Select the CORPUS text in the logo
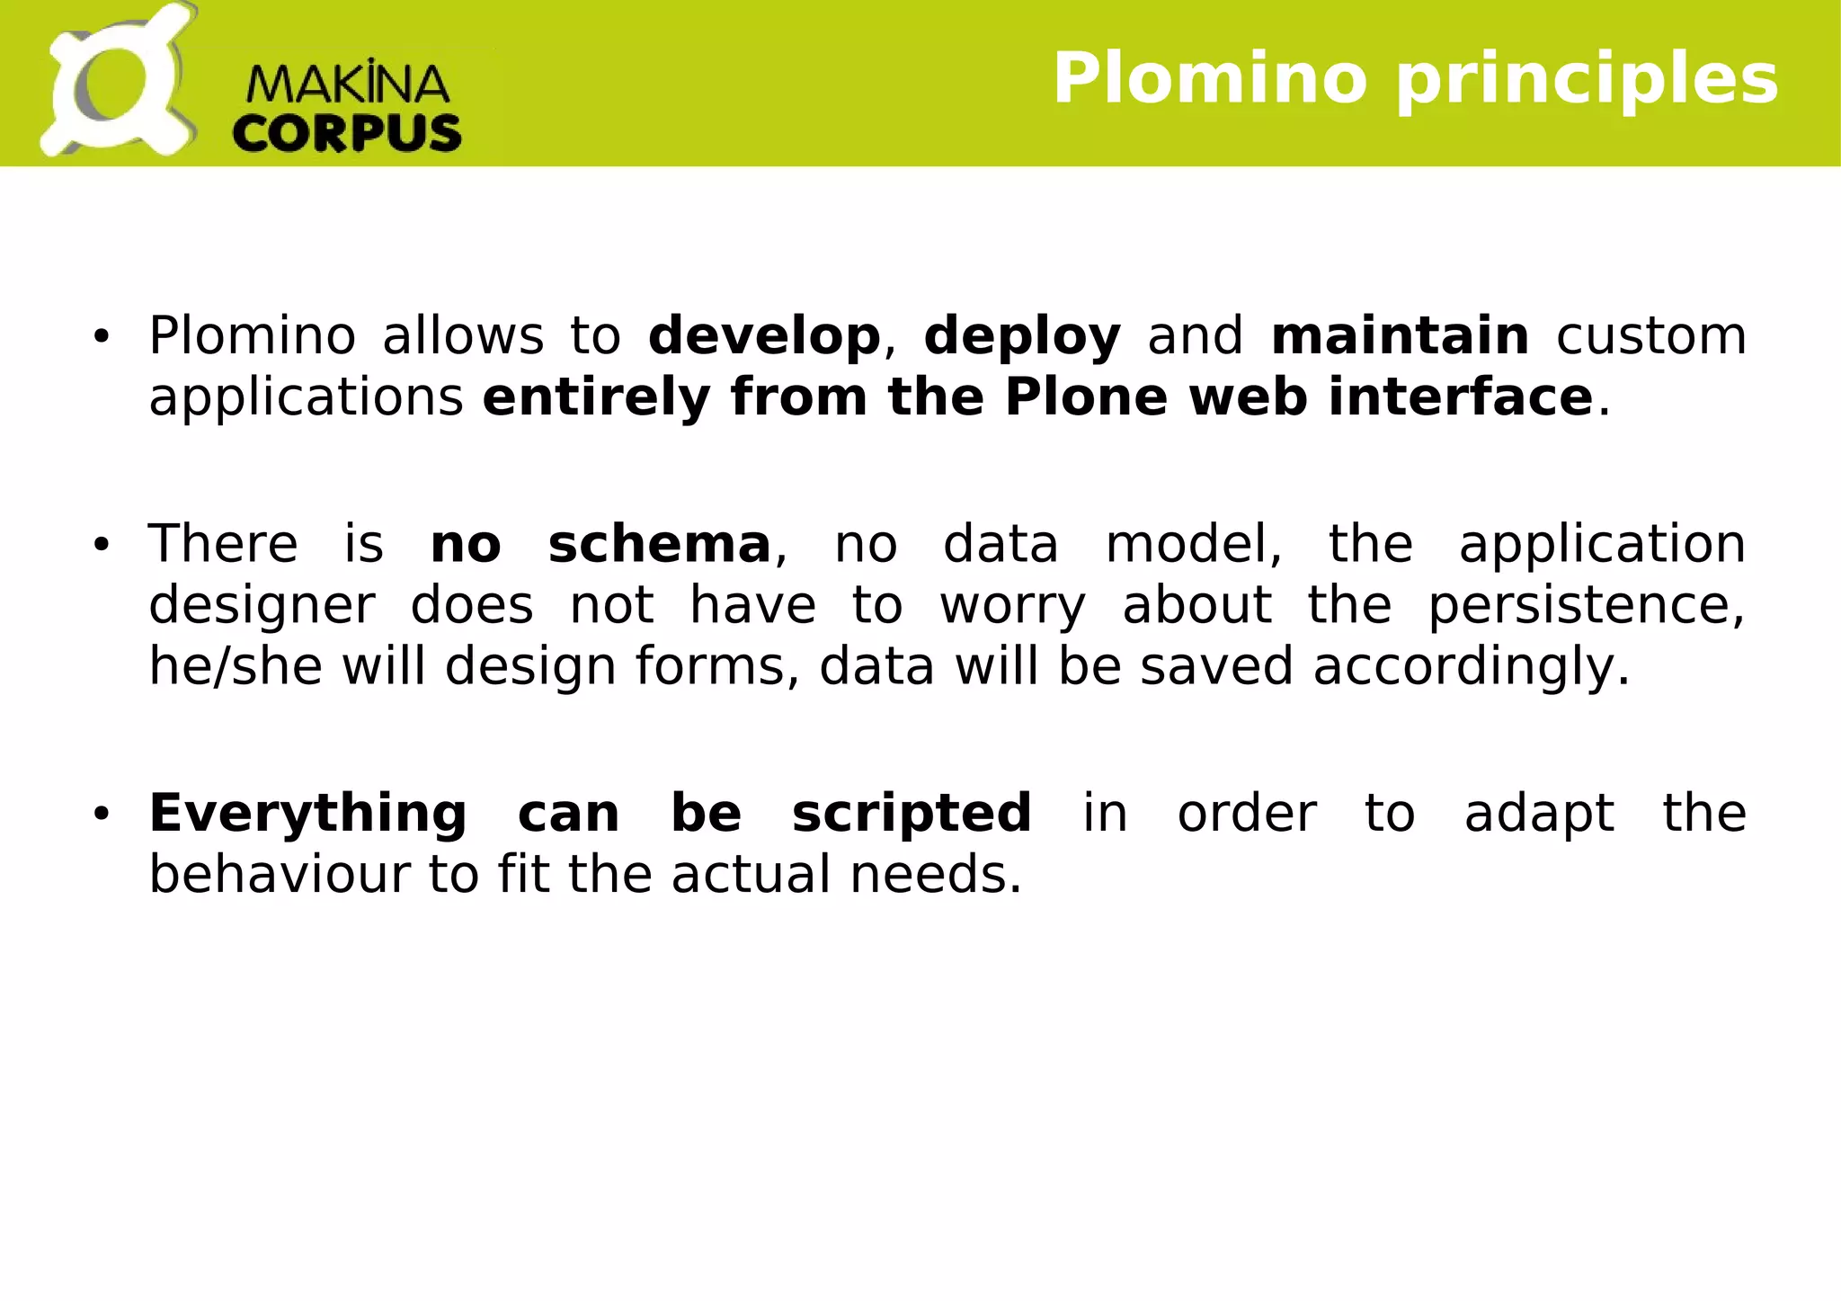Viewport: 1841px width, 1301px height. (x=347, y=133)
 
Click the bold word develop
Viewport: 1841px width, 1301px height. (x=764, y=336)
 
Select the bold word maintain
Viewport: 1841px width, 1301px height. (x=1400, y=335)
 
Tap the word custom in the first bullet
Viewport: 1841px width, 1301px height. (x=1650, y=336)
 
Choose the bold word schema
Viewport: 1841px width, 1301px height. (x=659, y=544)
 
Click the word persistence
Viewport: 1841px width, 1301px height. (x=1586, y=606)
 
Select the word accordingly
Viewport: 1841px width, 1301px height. (x=1471, y=668)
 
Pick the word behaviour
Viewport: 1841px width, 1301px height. (x=279, y=874)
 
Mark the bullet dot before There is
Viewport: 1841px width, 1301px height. (x=101, y=545)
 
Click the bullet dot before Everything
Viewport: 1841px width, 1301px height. (x=101, y=814)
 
